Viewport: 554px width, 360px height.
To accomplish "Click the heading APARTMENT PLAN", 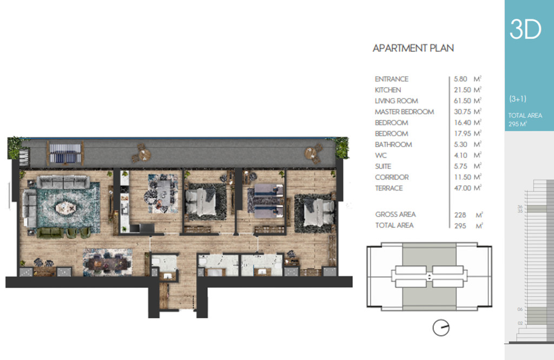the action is tap(413, 48).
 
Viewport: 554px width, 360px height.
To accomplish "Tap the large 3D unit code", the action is tap(525, 29).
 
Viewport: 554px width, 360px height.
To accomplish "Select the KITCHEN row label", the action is tap(387, 90).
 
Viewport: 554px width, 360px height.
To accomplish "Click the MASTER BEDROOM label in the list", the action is tap(404, 112).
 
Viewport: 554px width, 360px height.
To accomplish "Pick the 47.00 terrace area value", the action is tap(463, 188).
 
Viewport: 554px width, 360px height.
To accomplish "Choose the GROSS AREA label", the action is tap(395, 214).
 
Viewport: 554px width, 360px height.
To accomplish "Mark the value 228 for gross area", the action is tap(460, 215).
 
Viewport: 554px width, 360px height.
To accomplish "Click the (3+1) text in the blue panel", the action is tap(518, 99).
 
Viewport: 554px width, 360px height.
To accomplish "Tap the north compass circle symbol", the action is tap(441, 328).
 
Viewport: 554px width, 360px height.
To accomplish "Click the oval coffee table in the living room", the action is tap(65, 208).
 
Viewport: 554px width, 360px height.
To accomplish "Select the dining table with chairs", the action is tap(108, 263).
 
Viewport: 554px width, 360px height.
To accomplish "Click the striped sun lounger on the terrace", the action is tap(65, 153).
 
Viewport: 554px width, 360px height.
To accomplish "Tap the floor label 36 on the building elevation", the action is tap(520, 207).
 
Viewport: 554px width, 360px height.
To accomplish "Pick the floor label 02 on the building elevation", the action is tap(520, 323).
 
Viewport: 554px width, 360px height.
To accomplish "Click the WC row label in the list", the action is tap(381, 155).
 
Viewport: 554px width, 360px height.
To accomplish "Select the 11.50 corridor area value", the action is tap(463, 177).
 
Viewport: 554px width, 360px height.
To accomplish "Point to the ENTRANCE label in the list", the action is tap(392, 79).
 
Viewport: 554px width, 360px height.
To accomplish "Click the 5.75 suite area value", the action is tap(461, 166).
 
